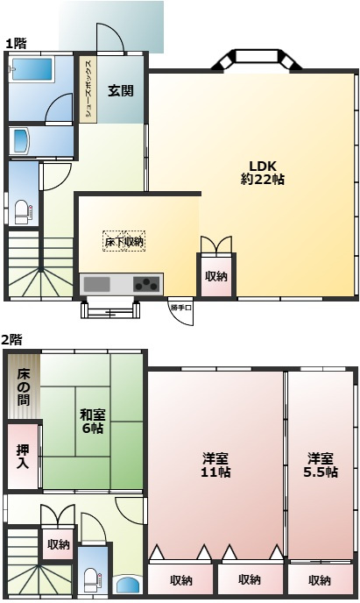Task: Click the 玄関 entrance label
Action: click(x=120, y=91)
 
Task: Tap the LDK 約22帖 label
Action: click(x=263, y=173)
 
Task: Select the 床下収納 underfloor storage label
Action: click(x=124, y=241)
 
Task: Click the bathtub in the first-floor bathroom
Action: click(x=32, y=69)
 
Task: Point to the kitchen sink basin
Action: click(x=97, y=284)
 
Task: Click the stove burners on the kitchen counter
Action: click(x=146, y=284)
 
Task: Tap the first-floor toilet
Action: click(x=23, y=212)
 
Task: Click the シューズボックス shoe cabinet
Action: click(x=88, y=89)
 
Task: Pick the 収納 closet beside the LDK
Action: click(x=216, y=276)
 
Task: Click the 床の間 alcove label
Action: click(x=24, y=387)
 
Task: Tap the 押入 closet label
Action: click(x=23, y=457)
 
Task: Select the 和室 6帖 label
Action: click(x=92, y=422)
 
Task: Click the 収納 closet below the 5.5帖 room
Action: click(x=320, y=579)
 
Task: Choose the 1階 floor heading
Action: click(x=16, y=43)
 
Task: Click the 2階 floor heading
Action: click(x=11, y=339)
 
